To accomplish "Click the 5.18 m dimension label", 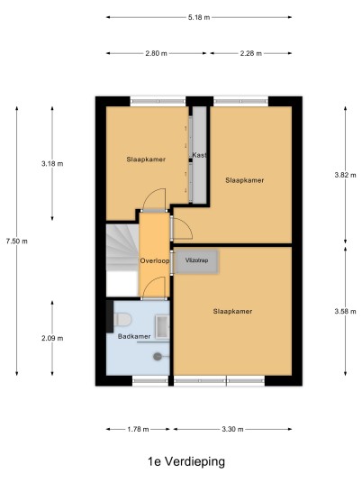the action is pos(199,17).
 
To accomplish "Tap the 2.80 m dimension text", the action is pos(156,53).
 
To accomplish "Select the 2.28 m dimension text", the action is pos(251,53).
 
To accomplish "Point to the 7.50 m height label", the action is pos(16,241).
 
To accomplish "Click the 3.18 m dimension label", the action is pos(52,164).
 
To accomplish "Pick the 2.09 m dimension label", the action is pos(52,338).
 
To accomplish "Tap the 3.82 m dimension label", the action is pos(346,175).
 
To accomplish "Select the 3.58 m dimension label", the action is pos(346,312).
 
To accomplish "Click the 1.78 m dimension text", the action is pos(138,429).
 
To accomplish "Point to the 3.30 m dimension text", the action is pos(232,429).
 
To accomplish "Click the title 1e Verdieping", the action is pos(186,461).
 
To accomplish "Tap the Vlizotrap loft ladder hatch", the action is pos(197,261).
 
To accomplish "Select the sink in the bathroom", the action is pos(162,326).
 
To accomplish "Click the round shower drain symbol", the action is pos(158,357).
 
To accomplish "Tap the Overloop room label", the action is pos(155,261).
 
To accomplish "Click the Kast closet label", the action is pos(200,155).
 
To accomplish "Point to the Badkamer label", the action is pos(134,336).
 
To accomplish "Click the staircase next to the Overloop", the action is pos(122,260).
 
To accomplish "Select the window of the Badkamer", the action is pos(150,381).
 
